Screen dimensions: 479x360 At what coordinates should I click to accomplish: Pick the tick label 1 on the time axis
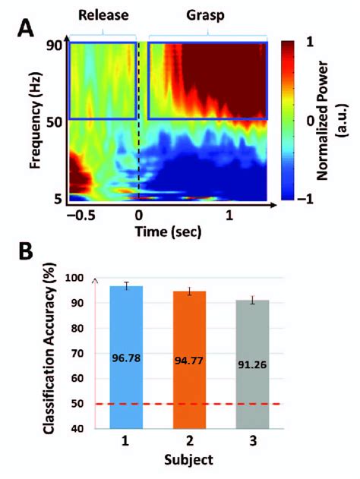point(229,215)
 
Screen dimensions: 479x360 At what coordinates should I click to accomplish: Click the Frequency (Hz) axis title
point(36,121)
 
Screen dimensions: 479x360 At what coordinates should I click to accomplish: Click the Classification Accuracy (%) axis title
point(47,353)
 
